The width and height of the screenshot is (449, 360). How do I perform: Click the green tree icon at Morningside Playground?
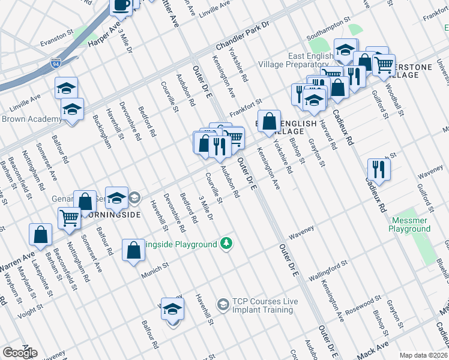pyautogui.click(x=226, y=243)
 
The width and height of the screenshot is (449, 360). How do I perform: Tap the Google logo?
pyautogui.click(x=20, y=353)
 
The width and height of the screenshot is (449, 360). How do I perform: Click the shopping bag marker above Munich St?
pyautogui.click(x=133, y=250)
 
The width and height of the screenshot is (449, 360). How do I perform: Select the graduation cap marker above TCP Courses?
pyautogui.click(x=172, y=309)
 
